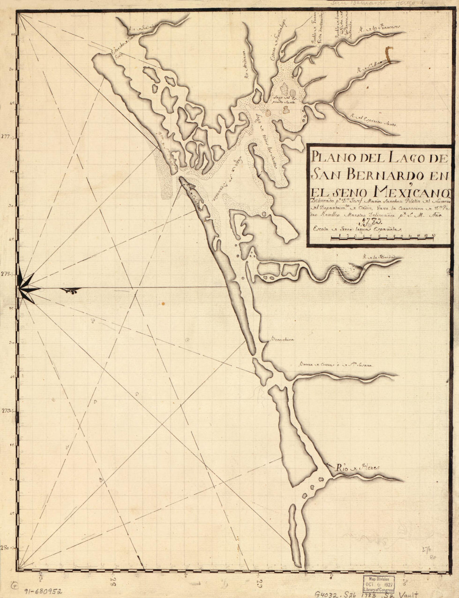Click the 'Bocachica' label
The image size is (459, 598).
282,339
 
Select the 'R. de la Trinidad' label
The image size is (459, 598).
378,257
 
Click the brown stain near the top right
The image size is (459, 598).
389,55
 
